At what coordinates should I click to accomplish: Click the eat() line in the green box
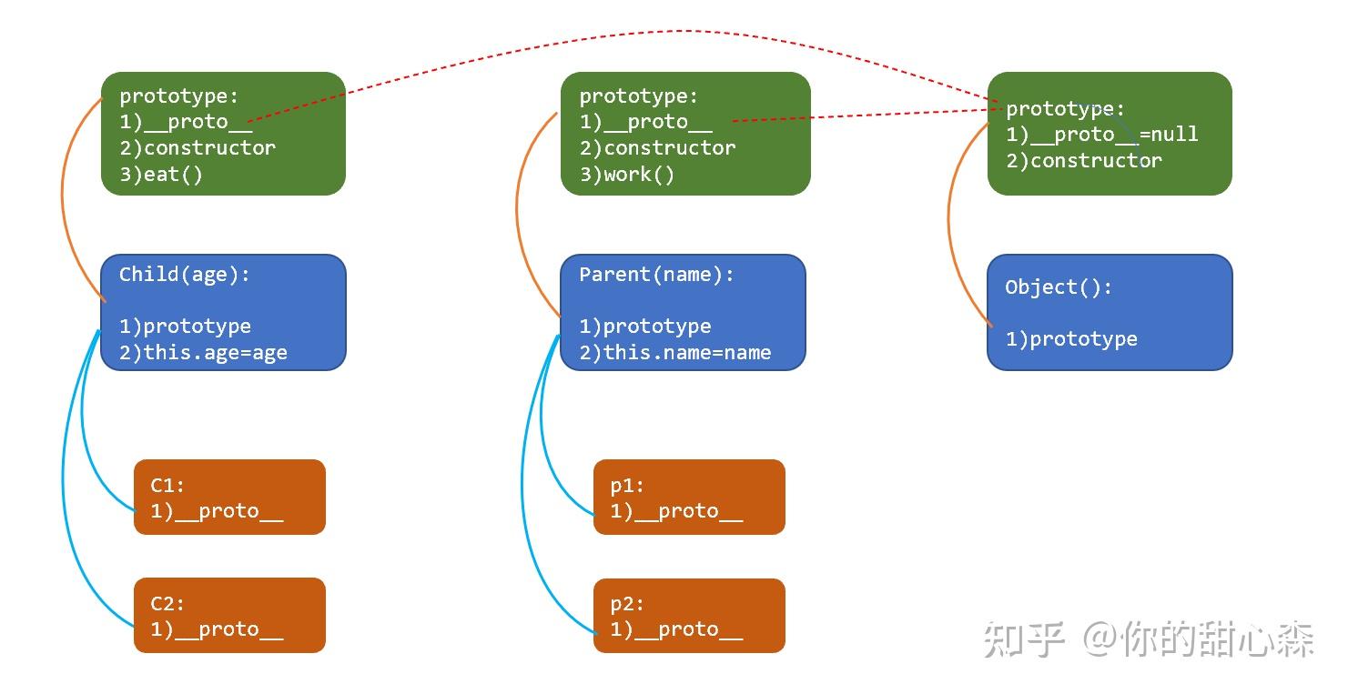[x=161, y=175]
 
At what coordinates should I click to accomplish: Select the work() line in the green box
[x=626, y=175]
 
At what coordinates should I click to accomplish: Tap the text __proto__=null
[x=1113, y=135]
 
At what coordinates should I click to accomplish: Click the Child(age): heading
[x=184, y=274]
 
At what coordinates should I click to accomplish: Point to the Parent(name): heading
[x=656, y=274]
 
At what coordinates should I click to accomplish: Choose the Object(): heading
[x=1058, y=287]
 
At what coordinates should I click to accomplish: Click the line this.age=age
[x=203, y=352]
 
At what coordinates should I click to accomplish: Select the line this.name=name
[x=674, y=352]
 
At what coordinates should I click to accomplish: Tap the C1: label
[x=167, y=485]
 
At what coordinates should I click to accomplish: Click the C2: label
[x=167, y=603]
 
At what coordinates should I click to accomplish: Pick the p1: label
[x=627, y=485]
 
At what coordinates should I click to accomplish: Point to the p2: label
[x=627, y=603]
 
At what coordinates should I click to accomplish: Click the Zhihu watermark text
[x=1148, y=639]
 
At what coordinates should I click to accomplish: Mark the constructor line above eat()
[x=198, y=148]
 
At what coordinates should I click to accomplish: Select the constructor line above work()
[x=657, y=148]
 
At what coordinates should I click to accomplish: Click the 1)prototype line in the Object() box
[x=1071, y=339]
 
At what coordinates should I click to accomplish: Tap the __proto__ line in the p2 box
[x=676, y=629]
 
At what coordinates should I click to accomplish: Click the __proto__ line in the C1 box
[x=217, y=511]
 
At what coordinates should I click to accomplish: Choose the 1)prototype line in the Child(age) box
[x=185, y=327]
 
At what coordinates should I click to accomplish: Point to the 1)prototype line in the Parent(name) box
[x=644, y=327]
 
